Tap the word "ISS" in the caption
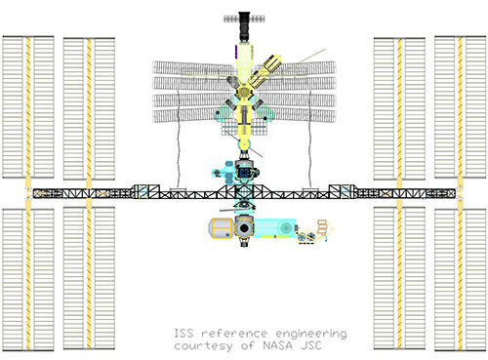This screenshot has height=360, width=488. click(x=183, y=333)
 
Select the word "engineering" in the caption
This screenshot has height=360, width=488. click(x=311, y=334)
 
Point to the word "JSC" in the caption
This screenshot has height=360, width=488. click(x=311, y=345)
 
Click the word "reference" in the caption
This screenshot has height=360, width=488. click(x=234, y=334)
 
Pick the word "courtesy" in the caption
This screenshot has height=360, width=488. click(x=204, y=346)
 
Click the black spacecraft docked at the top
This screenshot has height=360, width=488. click(x=244, y=26)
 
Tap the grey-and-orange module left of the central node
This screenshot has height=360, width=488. click(x=221, y=228)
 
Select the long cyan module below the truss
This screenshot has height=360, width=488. click(x=275, y=228)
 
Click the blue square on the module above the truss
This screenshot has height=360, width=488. click(x=244, y=173)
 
